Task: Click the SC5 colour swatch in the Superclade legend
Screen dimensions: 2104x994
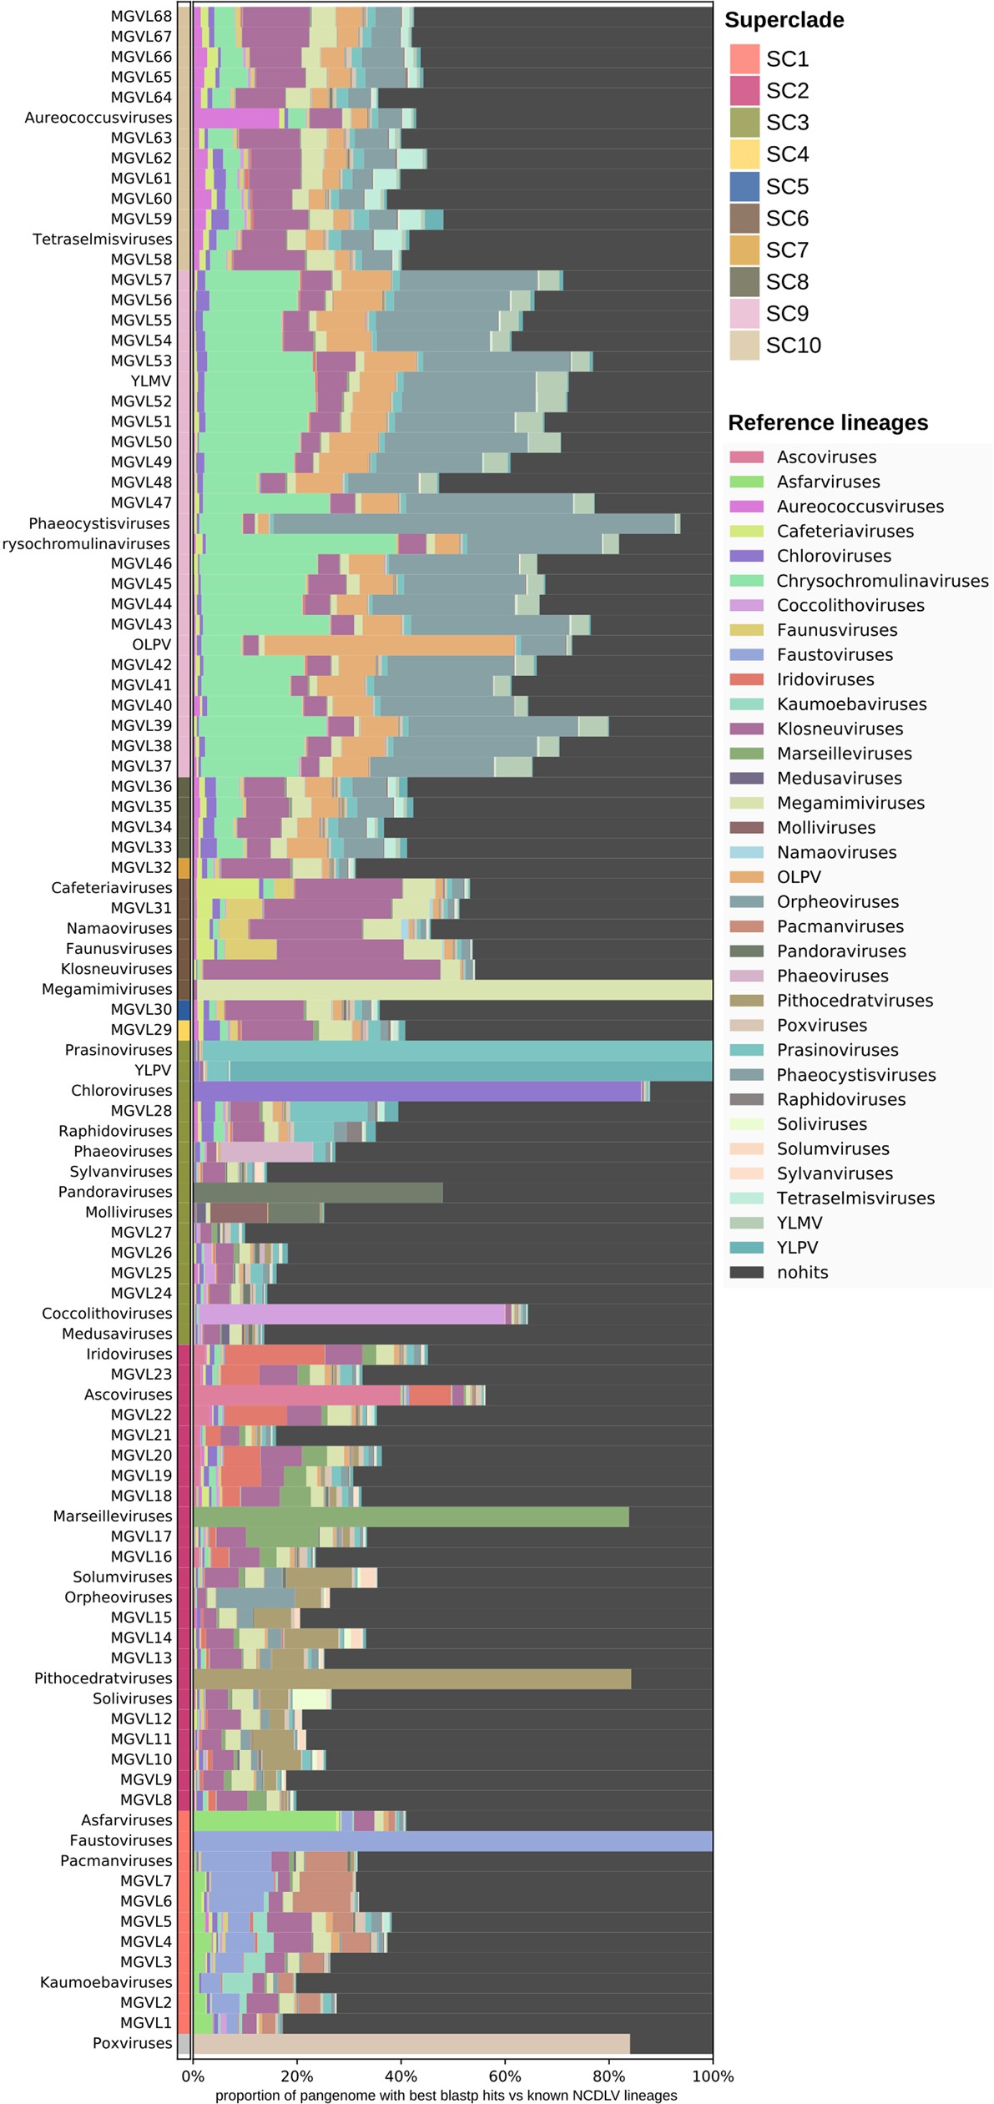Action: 744,186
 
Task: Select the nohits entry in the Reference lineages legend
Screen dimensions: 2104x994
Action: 802,1272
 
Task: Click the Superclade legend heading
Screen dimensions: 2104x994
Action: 784,20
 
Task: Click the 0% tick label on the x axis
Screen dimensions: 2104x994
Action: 193,2075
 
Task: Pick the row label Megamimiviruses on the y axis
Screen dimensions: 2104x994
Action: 107,989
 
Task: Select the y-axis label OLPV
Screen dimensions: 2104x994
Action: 151,644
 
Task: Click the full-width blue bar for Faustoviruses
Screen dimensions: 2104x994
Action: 451,1840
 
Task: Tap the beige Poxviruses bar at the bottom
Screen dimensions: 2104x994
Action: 409,2043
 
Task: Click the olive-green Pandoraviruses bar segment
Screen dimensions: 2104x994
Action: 317,1192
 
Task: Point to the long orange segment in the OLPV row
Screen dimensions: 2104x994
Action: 388,644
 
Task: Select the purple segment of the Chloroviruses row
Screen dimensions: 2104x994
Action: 417,1091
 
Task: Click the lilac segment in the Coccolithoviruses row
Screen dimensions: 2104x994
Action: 351,1314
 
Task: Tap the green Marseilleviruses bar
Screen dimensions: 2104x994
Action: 409,1516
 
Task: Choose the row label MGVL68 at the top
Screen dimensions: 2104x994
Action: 141,16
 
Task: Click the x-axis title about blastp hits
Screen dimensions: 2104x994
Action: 446,2095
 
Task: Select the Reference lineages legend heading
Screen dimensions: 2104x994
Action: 827,422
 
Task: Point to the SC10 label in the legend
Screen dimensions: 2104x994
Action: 793,346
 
